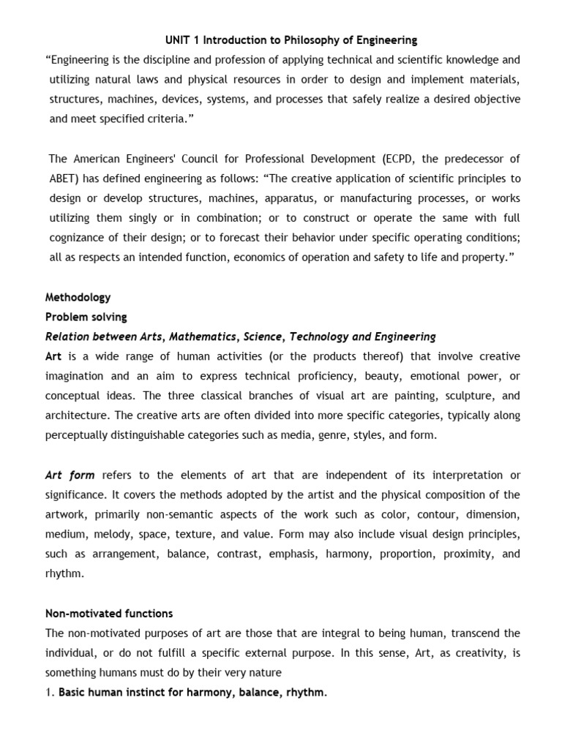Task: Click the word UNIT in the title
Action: coord(173,39)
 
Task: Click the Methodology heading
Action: coord(78,298)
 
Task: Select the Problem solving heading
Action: coord(86,317)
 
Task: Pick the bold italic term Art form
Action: coord(70,475)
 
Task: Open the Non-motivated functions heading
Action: coord(109,613)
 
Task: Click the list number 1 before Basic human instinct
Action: coord(48,693)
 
